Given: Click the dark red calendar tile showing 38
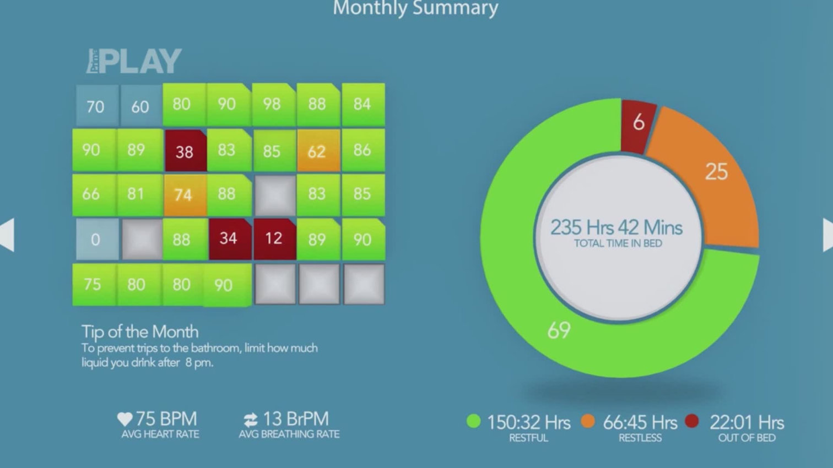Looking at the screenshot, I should point(185,151).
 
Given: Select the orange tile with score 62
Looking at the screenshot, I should point(318,151).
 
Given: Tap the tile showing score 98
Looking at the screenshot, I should point(273,105).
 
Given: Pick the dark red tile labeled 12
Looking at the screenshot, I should point(274,238).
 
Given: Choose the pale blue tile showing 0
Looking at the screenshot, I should point(96,239).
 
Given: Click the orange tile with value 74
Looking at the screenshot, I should point(184,195).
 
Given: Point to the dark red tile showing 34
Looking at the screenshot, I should point(229,238).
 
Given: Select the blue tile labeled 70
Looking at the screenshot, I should point(96,106).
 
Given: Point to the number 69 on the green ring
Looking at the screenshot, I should point(559,330).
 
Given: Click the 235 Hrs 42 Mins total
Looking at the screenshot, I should point(616,227).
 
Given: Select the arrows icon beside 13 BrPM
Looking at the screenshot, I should point(251,420).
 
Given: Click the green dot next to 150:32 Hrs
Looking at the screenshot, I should point(474,422).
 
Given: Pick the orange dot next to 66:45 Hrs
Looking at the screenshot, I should point(588,422).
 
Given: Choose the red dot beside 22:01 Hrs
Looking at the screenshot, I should point(692,422).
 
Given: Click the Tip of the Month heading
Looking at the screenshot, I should point(140,331).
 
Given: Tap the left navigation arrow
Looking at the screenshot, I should point(7,235).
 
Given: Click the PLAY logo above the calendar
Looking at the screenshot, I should point(134,61).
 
